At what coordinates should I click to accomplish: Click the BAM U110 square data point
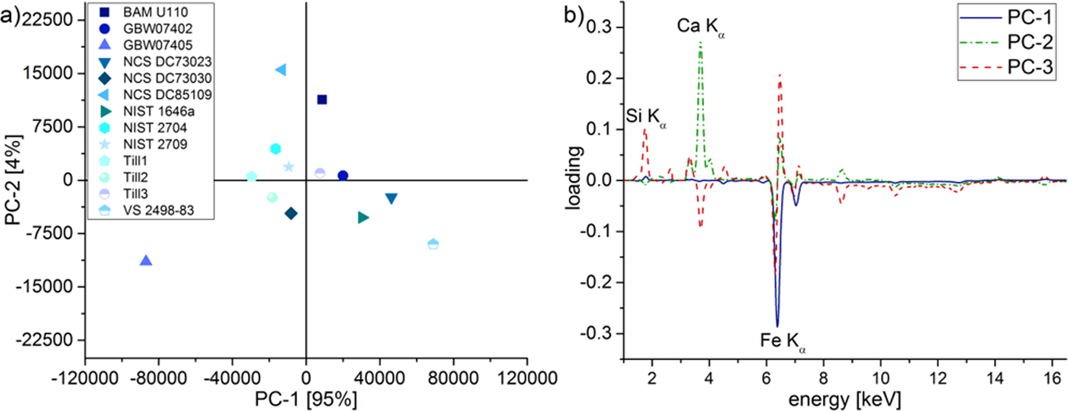322,99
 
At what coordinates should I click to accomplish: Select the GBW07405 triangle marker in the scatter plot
146,261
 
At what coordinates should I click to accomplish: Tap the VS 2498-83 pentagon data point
433,244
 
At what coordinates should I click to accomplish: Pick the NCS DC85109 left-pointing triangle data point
281,70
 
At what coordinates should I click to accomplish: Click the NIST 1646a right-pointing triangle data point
363,218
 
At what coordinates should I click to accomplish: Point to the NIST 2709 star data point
289,167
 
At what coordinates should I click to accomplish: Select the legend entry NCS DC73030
167,78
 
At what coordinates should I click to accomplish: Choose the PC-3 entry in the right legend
1030,66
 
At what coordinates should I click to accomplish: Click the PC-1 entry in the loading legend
1030,18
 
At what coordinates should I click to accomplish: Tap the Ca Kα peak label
700,26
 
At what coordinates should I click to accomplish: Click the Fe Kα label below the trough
783,341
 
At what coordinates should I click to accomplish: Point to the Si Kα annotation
646,117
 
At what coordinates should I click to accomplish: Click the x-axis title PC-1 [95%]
306,399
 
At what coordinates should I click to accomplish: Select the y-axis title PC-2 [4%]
14,180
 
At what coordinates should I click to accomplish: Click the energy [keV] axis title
844,399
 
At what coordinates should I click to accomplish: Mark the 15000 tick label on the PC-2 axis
49,73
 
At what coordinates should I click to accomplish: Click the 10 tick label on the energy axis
880,377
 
